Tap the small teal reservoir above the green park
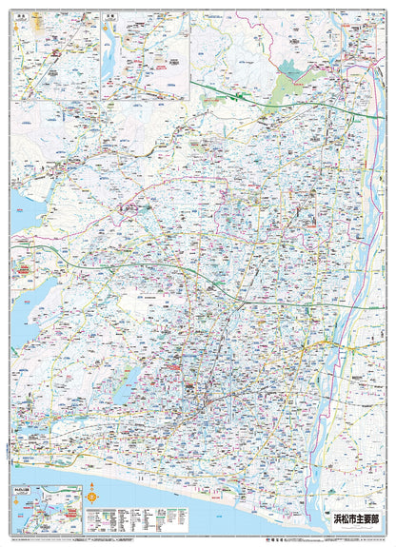[x=285, y=66]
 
